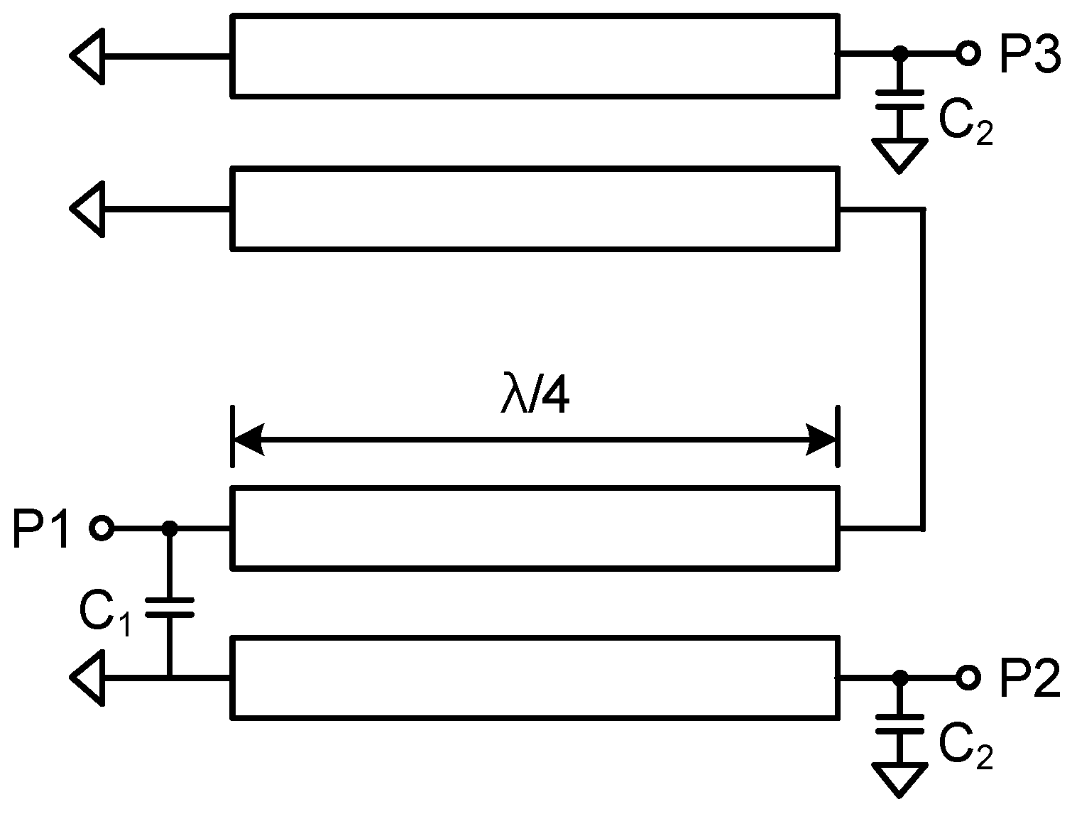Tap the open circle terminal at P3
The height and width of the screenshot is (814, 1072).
pyautogui.click(x=967, y=53)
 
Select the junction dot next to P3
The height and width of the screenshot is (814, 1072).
pyautogui.click(x=899, y=53)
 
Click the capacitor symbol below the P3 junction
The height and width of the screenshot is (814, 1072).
pyautogui.click(x=899, y=99)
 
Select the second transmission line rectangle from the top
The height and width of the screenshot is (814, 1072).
pyautogui.click(x=535, y=208)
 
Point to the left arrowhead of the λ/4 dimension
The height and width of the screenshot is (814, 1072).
pyautogui.click(x=248, y=440)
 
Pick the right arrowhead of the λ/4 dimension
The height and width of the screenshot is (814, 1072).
pyautogui.click(x=822, y=440)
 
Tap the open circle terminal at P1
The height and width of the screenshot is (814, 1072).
pyautogui.click(x=102, y=528)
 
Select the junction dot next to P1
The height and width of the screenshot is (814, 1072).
pyautogui.click(x=169, y=528)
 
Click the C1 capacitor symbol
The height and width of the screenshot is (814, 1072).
pyautogui.click(x=169, y=607)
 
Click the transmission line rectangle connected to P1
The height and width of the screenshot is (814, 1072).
pyautogui.click(x=535, y=528)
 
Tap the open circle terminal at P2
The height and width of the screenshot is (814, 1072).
pyautogui.click(x=967, y=678)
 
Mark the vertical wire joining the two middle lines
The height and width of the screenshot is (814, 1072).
pyautogui.click(x=923, y=369)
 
